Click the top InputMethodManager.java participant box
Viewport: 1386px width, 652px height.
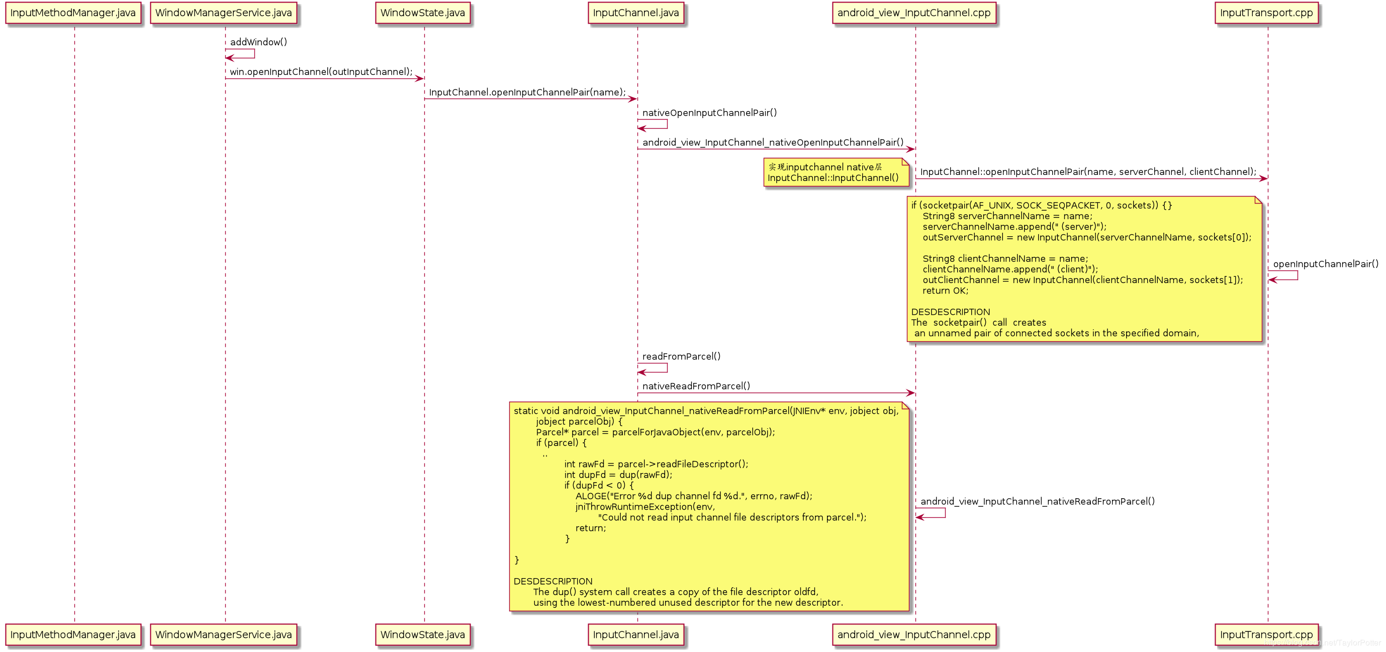point(73,13)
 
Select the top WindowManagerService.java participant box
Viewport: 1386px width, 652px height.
point(223,13)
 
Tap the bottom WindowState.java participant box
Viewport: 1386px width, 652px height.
point(422,635)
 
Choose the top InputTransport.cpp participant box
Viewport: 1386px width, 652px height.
point(1266,13)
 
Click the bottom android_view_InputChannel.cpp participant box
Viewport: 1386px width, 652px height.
point(913,635)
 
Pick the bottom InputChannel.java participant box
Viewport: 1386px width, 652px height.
point(635,635)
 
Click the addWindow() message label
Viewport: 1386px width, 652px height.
point(258,42)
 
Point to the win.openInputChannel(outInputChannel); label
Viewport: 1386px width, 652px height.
point(321,72)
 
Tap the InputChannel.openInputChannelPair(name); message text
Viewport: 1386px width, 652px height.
point(527,92)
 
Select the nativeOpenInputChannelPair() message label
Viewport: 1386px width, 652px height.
point(709,113)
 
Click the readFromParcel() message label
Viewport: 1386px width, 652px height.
point(681,356)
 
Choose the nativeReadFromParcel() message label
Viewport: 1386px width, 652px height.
point(696,386)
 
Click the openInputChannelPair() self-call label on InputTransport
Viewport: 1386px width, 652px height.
point(1325,264)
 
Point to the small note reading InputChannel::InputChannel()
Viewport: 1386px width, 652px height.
point(833,178)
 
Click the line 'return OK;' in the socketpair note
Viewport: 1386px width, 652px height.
point(945,291)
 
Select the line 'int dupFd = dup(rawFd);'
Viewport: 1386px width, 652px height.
point(618,475)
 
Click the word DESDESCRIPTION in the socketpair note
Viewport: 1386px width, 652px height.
point(950,312)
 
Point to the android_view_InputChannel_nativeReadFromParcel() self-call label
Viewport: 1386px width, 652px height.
point(1037,501)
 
